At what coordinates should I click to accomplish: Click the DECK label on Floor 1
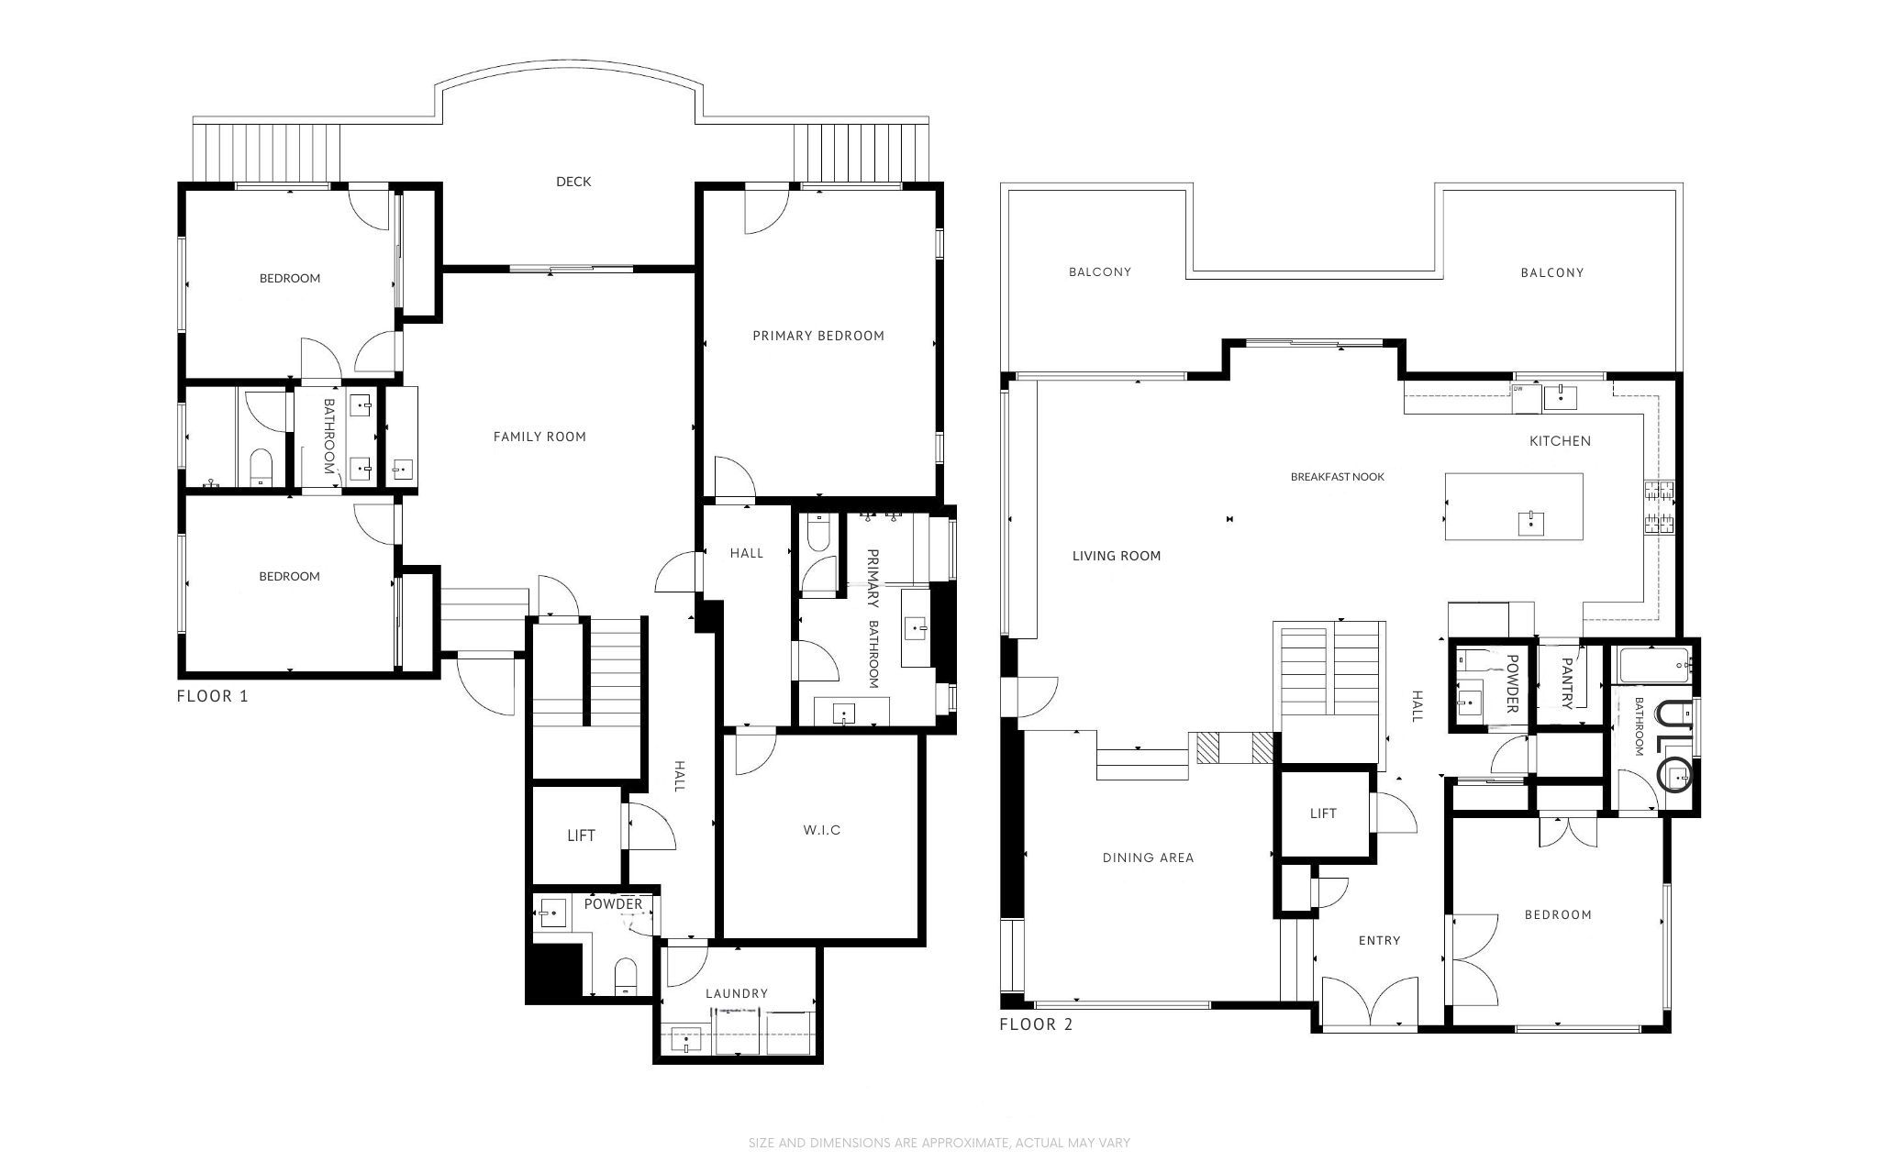[x=573, y=182]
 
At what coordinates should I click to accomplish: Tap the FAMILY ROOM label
[x=539, y=437]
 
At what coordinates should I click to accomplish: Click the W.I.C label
[x=822, y=830]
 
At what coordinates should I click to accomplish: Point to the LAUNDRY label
[x=737, y=993]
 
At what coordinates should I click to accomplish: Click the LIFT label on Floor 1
[x=581, y=835]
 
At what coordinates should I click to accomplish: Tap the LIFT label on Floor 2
[x=1323, y=813]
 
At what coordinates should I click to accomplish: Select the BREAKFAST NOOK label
[x=1337, y=477]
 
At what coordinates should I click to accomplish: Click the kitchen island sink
[x=1530, y=524]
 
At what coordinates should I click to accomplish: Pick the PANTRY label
[x=1567, y=682]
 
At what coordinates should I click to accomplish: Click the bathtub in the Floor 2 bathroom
[x=1654, y=665]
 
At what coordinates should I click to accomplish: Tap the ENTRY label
[x=1379, y=940]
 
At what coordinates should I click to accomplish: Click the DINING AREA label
[x=1148, y=858]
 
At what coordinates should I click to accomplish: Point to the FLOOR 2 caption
[x=1036, y=1024]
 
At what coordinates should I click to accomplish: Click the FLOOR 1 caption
[x=212, y=696]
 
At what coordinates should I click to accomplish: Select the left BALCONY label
[x=1099, y=272]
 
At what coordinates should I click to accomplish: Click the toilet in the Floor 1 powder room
[x=625, y=977]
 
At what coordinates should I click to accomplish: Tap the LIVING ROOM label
[x=1116, y=556]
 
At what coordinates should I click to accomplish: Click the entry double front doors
[x=1367, y=1003]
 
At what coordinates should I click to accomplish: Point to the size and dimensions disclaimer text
[x=939, y=1143]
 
